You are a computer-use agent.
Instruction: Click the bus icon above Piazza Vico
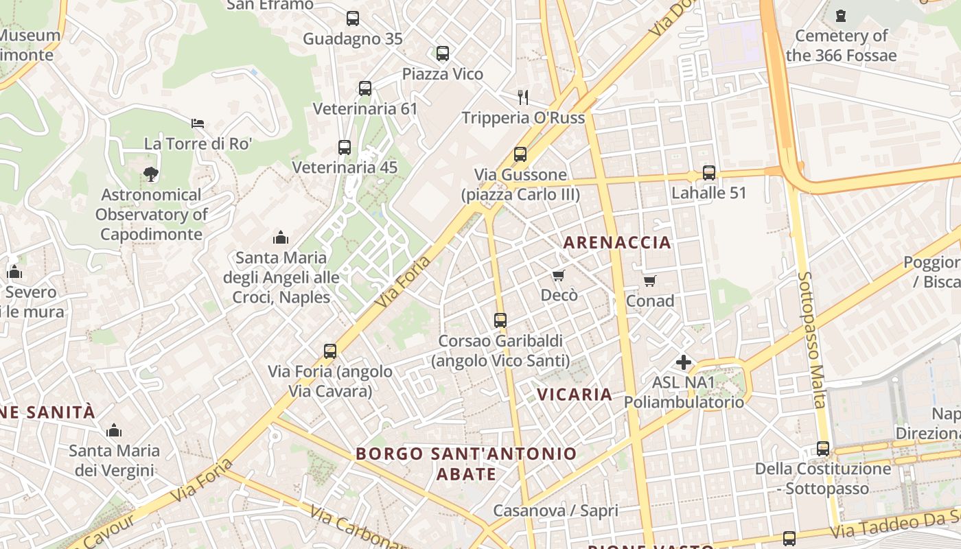click(x=443, y=53)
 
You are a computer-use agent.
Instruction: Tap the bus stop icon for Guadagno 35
click(x=353, y=19)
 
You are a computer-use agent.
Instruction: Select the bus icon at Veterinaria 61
click(x=365, y=88)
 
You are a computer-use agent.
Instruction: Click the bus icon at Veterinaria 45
click(x=345, y=147)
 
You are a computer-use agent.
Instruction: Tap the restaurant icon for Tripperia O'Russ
click(x=523, y=97)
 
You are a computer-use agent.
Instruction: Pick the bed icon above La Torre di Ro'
click(x=198, y=124)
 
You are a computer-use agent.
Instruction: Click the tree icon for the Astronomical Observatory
click(x=151, y=174)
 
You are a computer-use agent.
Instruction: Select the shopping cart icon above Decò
click(x=559, y=275)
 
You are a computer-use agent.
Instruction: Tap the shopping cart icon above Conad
click(x=649, y=281)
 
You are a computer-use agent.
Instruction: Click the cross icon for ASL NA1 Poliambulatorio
click(x=684, y=362)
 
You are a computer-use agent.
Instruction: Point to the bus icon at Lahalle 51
click(x=709, y=172)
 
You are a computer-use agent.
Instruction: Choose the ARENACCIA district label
click(x=617, y=242)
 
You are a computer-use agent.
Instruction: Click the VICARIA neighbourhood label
click(x=575, y=394)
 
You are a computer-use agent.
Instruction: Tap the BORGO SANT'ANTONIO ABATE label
click(x=467, y=463)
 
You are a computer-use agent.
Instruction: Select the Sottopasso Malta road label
click(x=811, y=340)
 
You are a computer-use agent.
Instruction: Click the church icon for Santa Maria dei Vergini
click(x=114, y=430)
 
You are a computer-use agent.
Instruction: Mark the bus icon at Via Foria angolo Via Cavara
click(x=330, y=351)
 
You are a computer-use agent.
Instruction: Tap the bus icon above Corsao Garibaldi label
click(x=500, y=320)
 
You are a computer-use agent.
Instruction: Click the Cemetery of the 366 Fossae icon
click(x=841, y=15)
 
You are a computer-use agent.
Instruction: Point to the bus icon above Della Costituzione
click(x=823, y=449)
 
